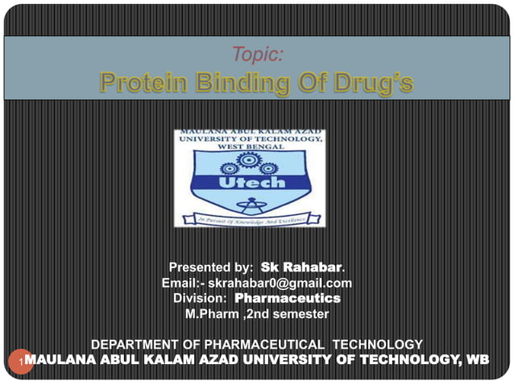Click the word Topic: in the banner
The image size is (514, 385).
tap(256, 55)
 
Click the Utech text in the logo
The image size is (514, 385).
tap(250, 184)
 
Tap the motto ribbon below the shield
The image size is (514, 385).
tap(250, 217)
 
